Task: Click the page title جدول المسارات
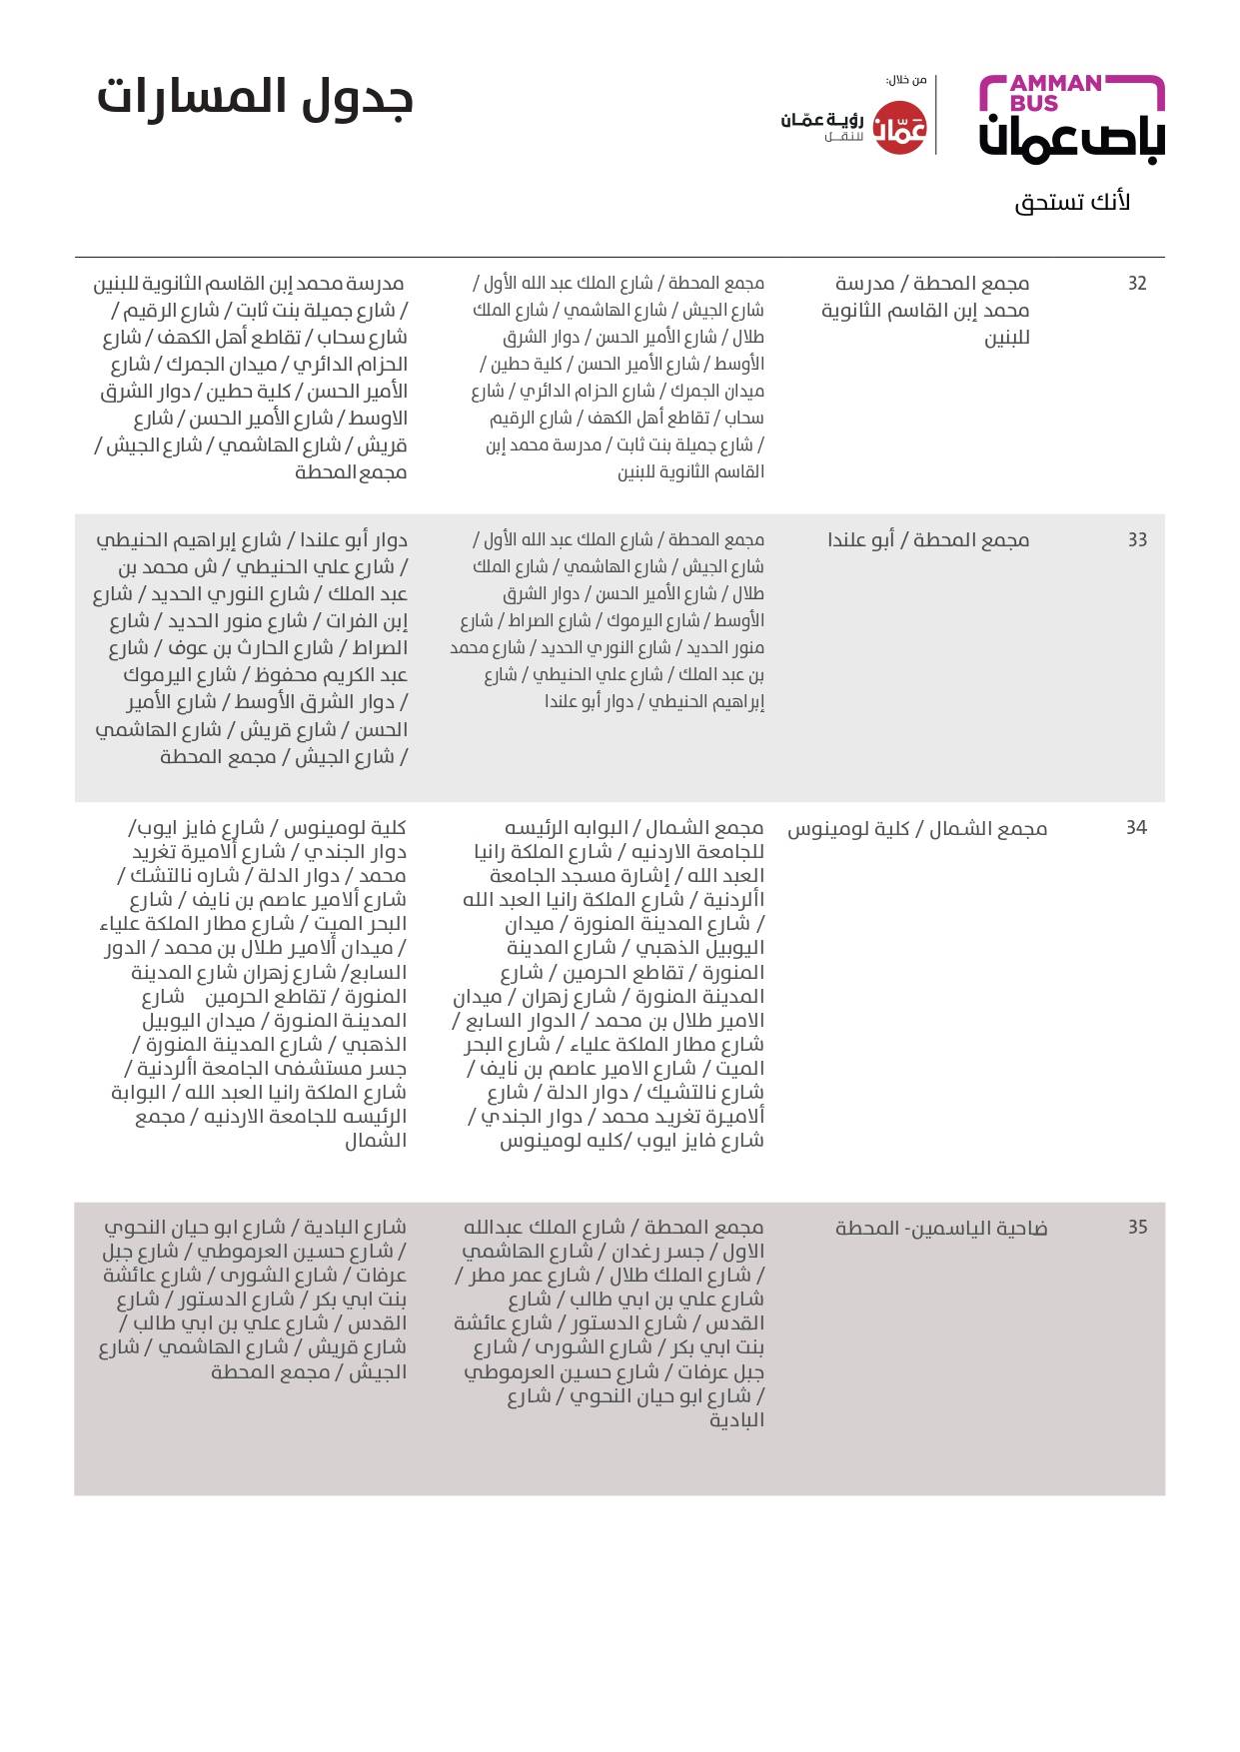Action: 255,98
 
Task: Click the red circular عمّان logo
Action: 900,128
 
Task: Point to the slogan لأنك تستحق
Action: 1072,203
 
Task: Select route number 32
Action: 1137,284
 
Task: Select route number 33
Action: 1137,540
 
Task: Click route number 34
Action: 1137,828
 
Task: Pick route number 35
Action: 1137,1228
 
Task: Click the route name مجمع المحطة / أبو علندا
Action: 928,540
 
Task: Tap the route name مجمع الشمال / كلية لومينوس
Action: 917,829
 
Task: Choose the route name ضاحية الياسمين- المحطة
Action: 941,1229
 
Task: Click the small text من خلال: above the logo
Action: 906,80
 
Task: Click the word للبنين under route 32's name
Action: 1007,338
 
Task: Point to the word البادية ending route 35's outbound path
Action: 736,1420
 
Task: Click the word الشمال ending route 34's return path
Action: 377,1141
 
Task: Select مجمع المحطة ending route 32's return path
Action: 351,472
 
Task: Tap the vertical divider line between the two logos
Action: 936,115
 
